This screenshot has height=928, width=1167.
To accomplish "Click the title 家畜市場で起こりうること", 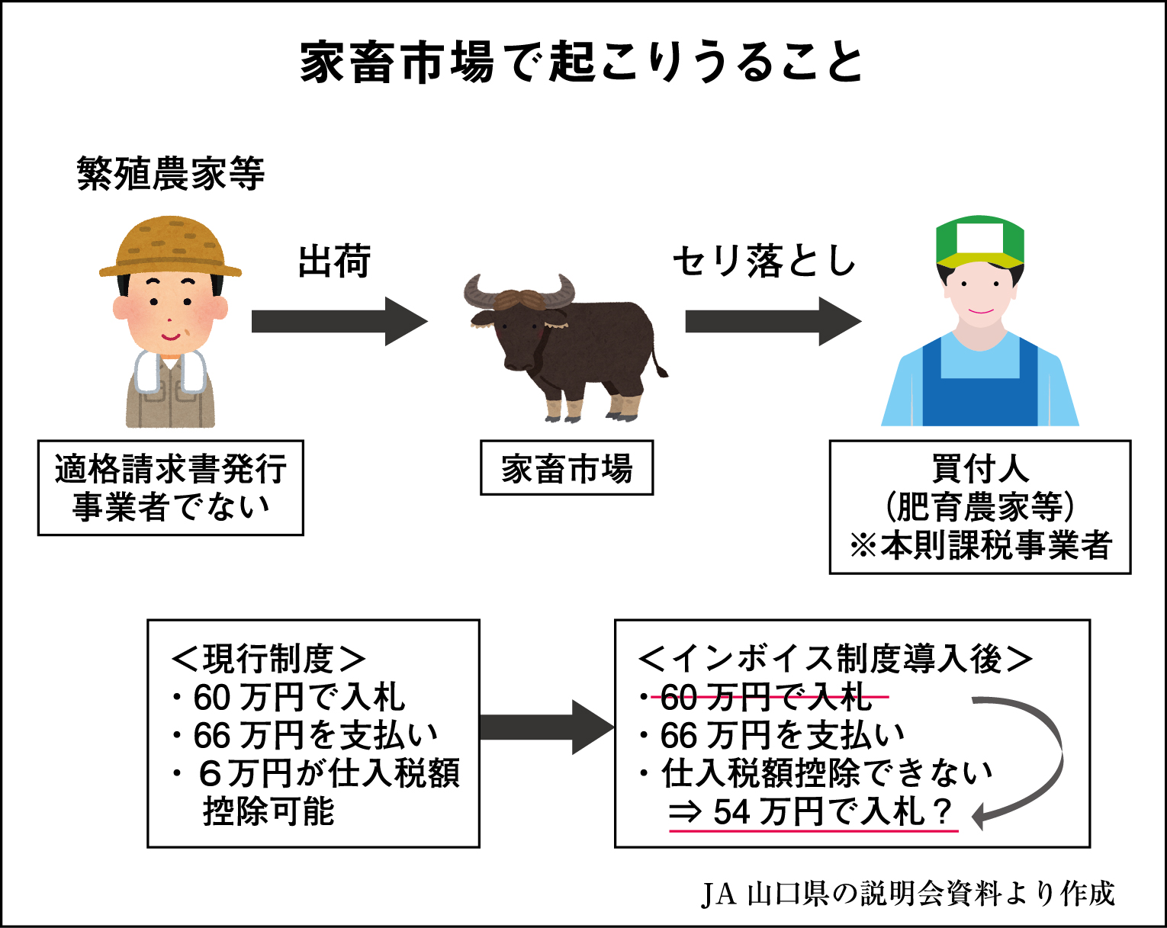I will click(x=582, y=63).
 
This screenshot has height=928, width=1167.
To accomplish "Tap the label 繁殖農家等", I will click(x=171, y=174).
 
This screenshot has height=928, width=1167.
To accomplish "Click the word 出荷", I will click(x=334, y=262).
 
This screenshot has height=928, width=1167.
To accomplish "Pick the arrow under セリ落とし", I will click(x=772, y=322).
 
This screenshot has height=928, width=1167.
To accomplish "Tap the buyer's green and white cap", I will click(x=980, y=239).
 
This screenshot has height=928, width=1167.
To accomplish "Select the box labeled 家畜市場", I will click(x=567, y=468).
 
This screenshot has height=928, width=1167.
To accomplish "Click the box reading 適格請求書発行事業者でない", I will click(x=171, y=488).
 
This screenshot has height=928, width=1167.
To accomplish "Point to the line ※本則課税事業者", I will click(x=980, y=546).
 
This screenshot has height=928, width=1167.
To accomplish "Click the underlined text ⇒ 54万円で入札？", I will click(x=813, y=812).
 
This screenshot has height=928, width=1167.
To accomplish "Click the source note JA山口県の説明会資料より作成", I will click(x=908, y=894).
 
